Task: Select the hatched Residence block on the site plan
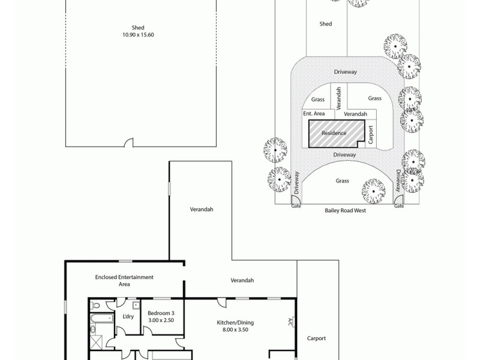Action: tap(334, 133)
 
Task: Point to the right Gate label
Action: tap(399, 206)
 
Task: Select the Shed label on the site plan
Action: tap(326, 25)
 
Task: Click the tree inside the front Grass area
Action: tap(373, 191)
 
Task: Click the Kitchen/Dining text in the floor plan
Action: tap(233, 326)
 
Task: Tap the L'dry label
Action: tap(128, 316)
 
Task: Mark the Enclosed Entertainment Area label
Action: tap(124, 280)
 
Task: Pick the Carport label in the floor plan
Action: tap(316, 338)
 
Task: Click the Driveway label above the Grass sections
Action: tap(345, 72)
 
